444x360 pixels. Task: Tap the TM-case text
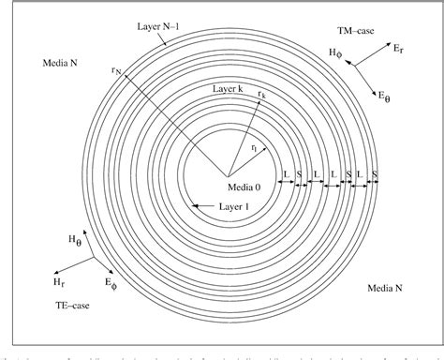(384, 32)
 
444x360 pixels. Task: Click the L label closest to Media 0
(287, 173)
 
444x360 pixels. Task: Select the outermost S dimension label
(374, 173)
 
